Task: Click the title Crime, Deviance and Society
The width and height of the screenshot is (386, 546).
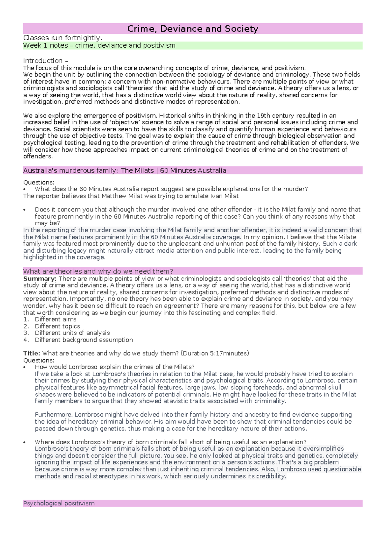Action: [x=193, y=29]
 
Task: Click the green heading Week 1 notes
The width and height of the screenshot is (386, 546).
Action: [x=99, y=45]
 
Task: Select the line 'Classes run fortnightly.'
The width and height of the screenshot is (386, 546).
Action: [x=63, y=38]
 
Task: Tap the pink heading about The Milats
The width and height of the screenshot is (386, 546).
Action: [x=124, y=171]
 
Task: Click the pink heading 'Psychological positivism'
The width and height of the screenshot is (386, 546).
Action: [x=59, y=503]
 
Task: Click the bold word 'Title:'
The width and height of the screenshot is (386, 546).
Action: [x=32, y=353]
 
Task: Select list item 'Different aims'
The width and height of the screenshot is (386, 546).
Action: [x=55, y=319]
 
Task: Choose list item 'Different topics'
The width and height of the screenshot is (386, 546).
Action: [x=57, y=326]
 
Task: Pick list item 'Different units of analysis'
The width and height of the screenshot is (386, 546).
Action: [x=72, y=333]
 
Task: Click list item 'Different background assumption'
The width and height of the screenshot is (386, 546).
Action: [x=84, y=340]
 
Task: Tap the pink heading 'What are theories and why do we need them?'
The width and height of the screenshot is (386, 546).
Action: [x=98, y=271]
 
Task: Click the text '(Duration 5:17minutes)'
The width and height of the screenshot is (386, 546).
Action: [x=215, y=353]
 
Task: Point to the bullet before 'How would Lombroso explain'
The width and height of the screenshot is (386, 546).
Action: [x=24, y=367]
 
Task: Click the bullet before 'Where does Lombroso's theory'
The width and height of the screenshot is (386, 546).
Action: [x=24, y=442]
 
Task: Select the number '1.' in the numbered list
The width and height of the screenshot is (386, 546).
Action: [x=26, y=319]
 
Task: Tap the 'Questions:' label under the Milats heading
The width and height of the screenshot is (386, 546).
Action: [x=39, y=182]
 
